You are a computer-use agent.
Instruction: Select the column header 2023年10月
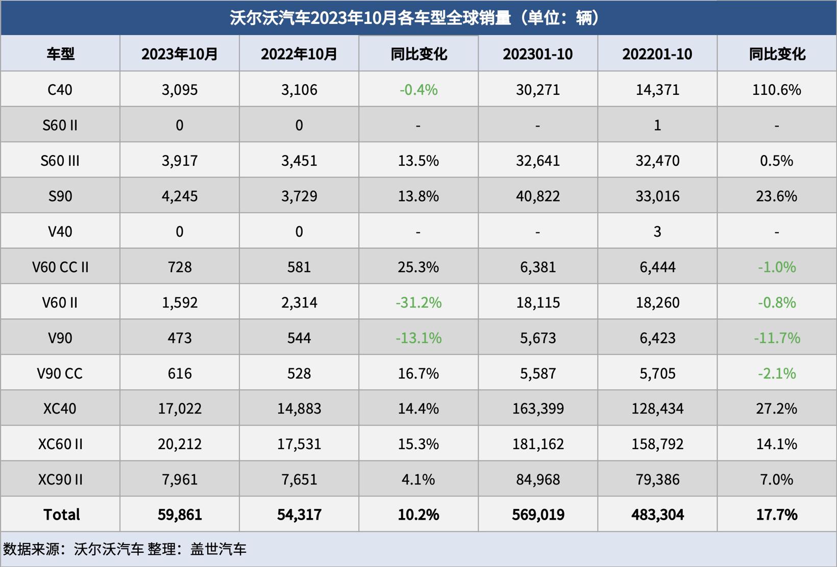(180, 54)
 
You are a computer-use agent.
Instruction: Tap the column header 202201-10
(657, 54)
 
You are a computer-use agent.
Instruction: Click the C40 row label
(60, 90)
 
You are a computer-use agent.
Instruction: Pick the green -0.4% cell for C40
(418, 90)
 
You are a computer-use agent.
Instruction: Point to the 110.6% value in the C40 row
(776, 90)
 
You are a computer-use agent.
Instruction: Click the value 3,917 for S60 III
(180, 161)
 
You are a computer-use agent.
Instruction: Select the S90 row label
(60, 196)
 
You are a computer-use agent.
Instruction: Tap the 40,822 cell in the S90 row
(538, 196)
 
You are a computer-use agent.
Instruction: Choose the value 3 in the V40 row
(657, 231)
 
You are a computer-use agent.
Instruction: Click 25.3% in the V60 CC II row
(418, 267)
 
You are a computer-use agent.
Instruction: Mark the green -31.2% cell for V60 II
(418, 302)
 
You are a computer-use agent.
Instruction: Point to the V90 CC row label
(60, 373)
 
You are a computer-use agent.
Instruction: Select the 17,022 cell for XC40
(180, 408)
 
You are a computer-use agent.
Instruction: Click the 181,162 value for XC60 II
(538, 444)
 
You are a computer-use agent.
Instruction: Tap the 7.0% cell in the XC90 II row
(776, 479)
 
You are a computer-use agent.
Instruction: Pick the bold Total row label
(61, 514)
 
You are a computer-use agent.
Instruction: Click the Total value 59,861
(180, 514)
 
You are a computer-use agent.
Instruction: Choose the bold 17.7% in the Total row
(776, 514)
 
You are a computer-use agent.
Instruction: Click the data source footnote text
(125, 549)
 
